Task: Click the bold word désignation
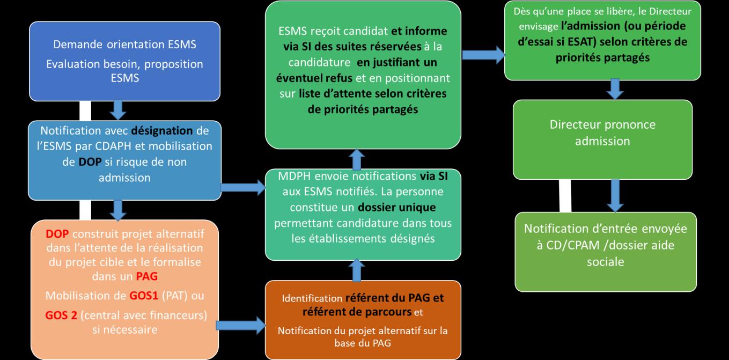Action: coord(168,130)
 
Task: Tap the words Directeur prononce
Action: coord(602,124)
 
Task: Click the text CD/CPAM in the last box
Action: coord(568,244)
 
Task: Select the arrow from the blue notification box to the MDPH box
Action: coord(243,187)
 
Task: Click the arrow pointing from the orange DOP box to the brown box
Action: coord(240,324)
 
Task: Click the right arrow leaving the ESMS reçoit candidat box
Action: coord(483,54)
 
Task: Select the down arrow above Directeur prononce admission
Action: coord(615,89)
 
